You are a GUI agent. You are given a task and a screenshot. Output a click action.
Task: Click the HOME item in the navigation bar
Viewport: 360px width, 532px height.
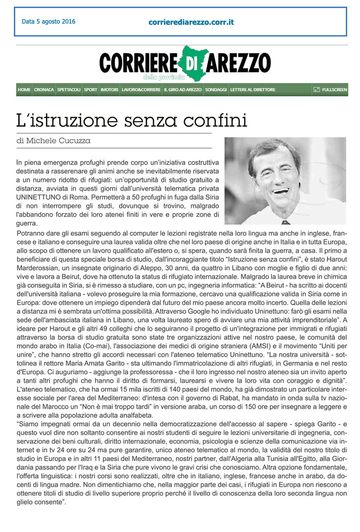(24, 89)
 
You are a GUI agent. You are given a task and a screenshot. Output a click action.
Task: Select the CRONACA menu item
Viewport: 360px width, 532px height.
(44, 89)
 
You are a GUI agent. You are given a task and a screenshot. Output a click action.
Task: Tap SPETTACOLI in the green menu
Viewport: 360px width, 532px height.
(69, 89)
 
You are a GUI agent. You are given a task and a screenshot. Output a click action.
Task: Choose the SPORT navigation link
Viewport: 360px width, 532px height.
(91, 89)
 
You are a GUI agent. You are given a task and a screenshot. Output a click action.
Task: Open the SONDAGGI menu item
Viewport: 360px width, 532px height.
(215, 89)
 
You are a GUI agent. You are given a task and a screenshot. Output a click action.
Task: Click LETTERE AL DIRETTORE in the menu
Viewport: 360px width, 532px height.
(253, 89)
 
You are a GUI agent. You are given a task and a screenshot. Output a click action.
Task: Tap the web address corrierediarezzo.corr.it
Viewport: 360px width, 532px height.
(191, 22)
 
